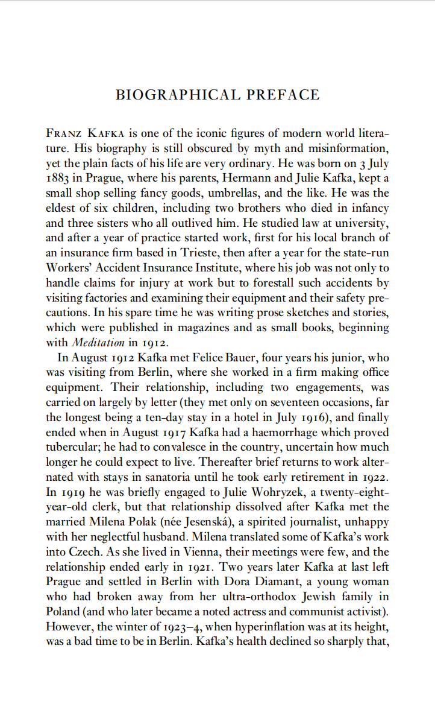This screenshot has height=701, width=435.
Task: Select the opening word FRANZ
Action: point(63,133)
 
